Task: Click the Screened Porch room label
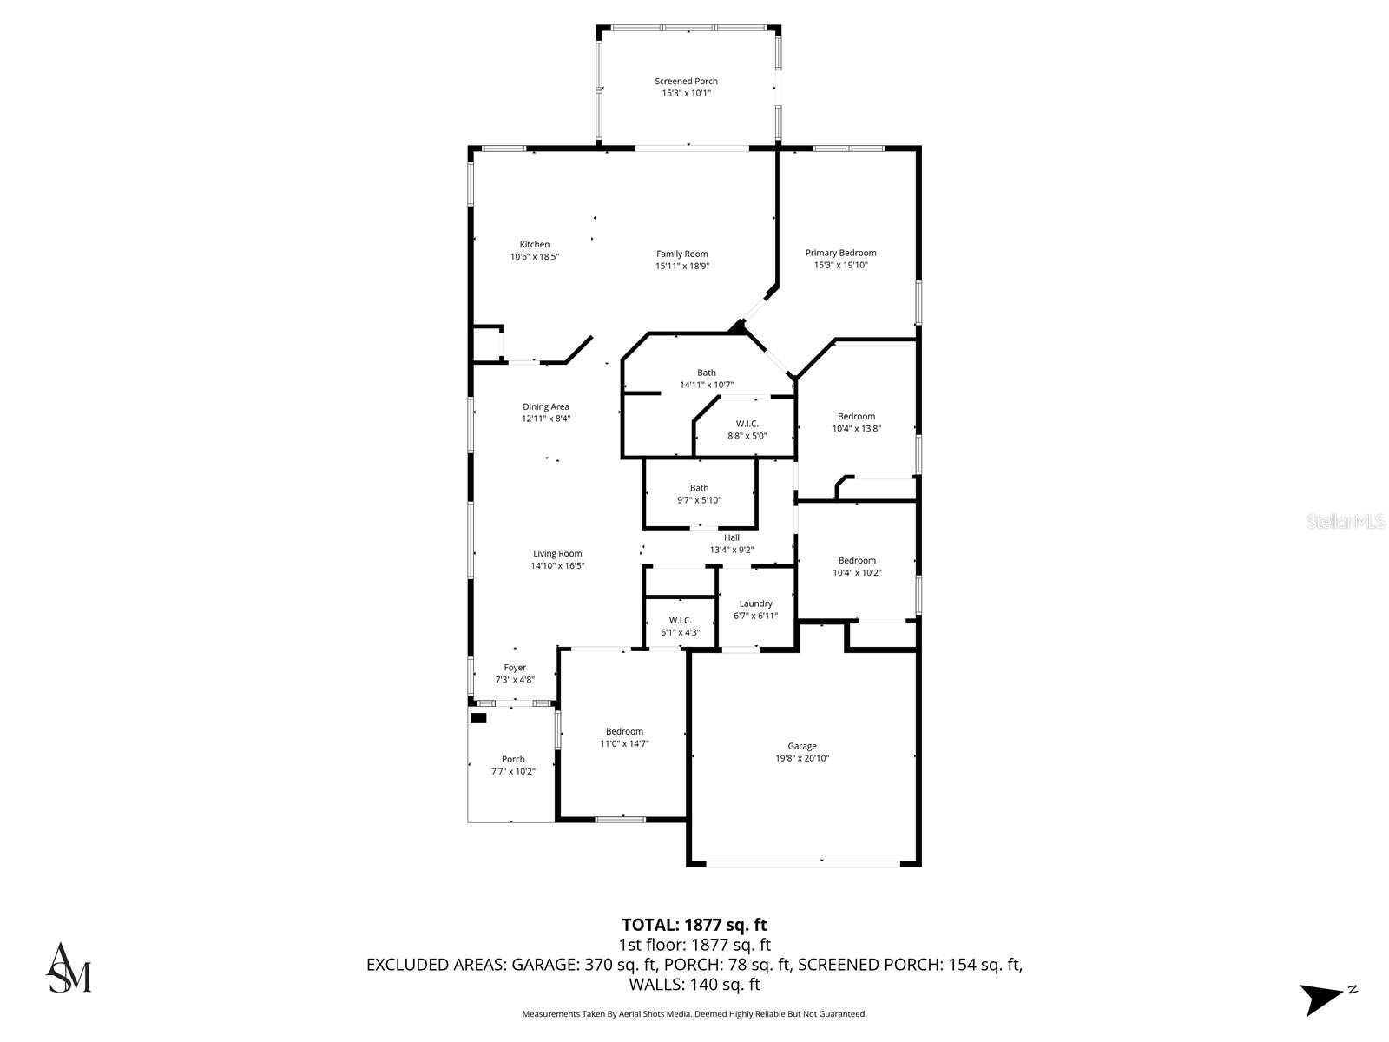(686, 82)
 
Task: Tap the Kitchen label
(535, 245)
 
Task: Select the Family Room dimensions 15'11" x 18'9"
(681, 267)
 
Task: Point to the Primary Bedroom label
(840, 253)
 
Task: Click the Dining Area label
(546, 406)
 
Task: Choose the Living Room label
(557, 554)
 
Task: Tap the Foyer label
(515, 668)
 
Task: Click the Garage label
(802, 746)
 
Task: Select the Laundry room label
(755, 603)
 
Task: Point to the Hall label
(732, 537)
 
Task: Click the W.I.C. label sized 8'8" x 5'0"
(747, 424)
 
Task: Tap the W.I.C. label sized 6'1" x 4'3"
(680, 620)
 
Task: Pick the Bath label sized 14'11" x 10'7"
(707, 373)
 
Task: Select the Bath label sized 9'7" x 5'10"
(699, 488)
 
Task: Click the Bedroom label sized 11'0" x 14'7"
(624, 731)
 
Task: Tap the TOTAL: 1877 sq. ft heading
(694, 925)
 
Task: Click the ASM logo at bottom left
(68, 967)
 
